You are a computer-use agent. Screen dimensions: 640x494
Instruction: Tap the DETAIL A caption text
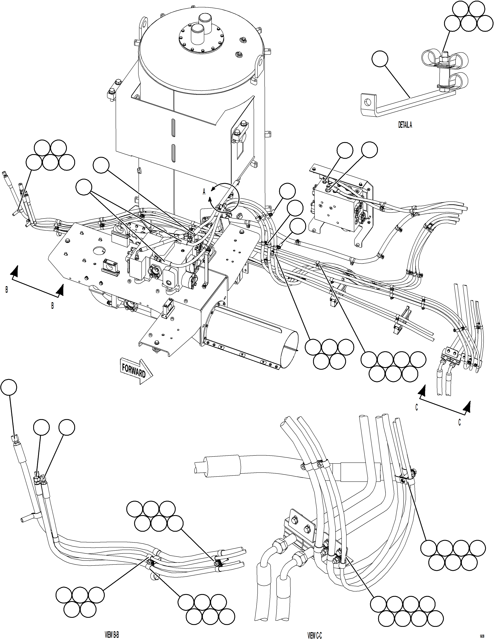pos(405,125)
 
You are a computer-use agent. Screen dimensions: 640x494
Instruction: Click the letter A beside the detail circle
pos(204,192)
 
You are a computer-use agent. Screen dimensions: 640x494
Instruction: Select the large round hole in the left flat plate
pos(100,250)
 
